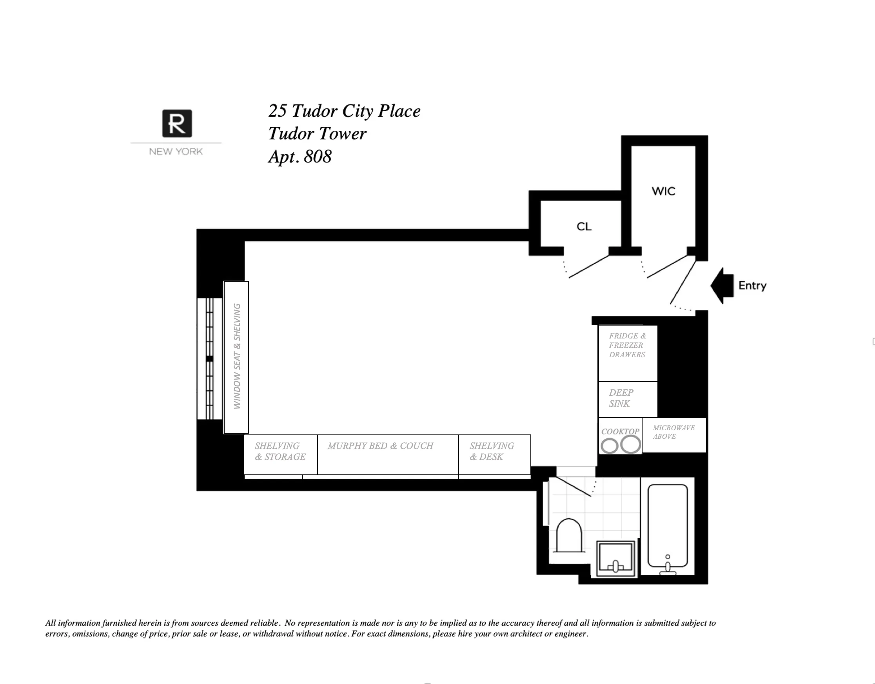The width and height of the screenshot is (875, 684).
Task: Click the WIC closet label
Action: point(663,192)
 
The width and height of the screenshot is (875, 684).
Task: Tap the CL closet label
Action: point(584,227)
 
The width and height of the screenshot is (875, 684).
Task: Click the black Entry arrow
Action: point(723,286)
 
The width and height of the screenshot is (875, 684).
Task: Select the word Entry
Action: point(752,286)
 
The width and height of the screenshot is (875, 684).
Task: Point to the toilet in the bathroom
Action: point(569,536)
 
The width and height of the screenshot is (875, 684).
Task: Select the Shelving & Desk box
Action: point(494,454)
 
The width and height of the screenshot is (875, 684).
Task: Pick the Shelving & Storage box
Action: point(280,454)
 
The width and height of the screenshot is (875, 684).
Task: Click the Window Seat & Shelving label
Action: point(237,356)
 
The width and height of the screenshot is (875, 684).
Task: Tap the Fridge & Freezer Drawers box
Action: point(628,353)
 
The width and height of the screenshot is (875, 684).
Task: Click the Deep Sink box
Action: point(628,399)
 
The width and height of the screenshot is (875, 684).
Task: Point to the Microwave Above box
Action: point(674,435)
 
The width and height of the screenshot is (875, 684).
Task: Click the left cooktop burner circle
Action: point(609,446)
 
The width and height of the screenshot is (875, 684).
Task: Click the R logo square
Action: point(177,123)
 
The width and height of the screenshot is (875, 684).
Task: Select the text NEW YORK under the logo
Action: point(176,152)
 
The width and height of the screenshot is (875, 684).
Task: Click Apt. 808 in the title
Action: point(300,157)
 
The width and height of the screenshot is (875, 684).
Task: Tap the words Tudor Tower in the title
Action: point(317,134)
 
